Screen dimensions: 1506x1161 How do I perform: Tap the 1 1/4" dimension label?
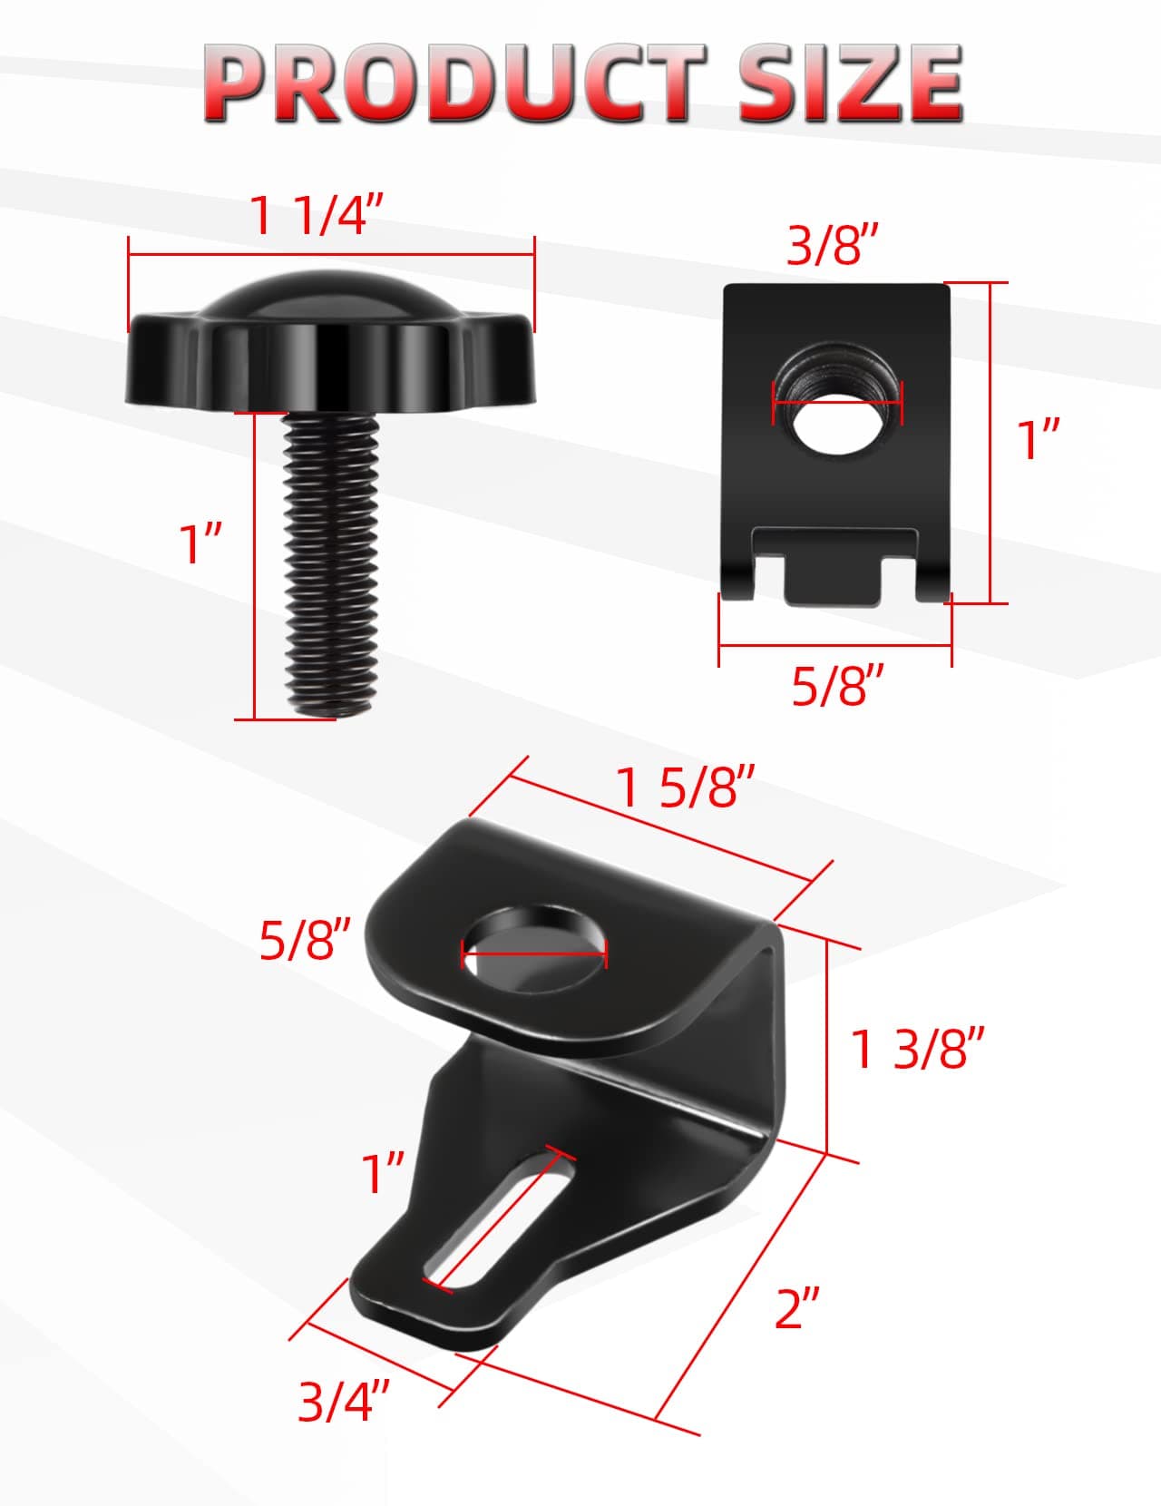pos(317,216)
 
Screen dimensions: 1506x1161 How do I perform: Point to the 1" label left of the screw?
pos(201,543)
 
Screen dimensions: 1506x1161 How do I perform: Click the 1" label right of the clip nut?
pos(1039,440)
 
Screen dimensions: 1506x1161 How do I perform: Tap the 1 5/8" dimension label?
pos(686,787)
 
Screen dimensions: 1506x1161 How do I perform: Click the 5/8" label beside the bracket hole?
pos(305,939)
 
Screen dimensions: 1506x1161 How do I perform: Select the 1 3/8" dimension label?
pos(917,1049)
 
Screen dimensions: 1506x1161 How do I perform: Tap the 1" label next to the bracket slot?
pos(382,1174)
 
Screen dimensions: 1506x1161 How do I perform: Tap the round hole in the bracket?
pos(534,950)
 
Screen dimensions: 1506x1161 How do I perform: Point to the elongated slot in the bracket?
pos(499,1220)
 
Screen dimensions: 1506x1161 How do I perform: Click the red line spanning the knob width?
pos(331,257)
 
